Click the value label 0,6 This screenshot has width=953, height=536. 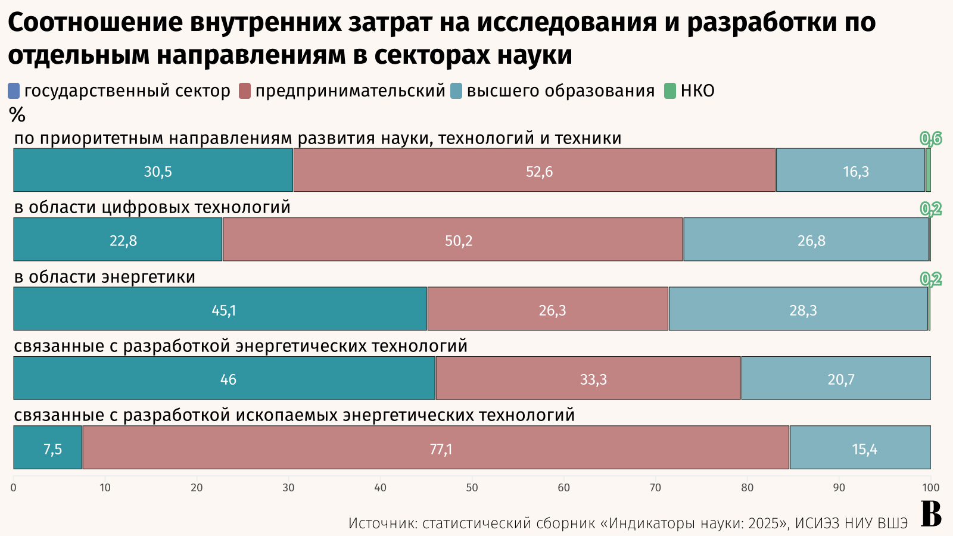coord(931,138)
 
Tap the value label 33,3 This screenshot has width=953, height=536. coord(593,379)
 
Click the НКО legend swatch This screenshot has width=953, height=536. coord(670,91)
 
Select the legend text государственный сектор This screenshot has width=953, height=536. coord(127,91)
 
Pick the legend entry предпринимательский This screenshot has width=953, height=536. coord(350,91)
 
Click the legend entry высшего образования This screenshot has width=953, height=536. coord(560,91)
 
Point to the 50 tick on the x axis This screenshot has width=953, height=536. coord(472,488)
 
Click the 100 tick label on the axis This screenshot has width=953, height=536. coord(930,488)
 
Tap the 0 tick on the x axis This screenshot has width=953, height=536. coord(14,488)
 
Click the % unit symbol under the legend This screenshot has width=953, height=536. coord(17,114)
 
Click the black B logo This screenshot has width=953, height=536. coord(932,514)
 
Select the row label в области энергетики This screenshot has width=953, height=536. coord(105,277)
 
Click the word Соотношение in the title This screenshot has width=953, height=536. coord(95,23)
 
